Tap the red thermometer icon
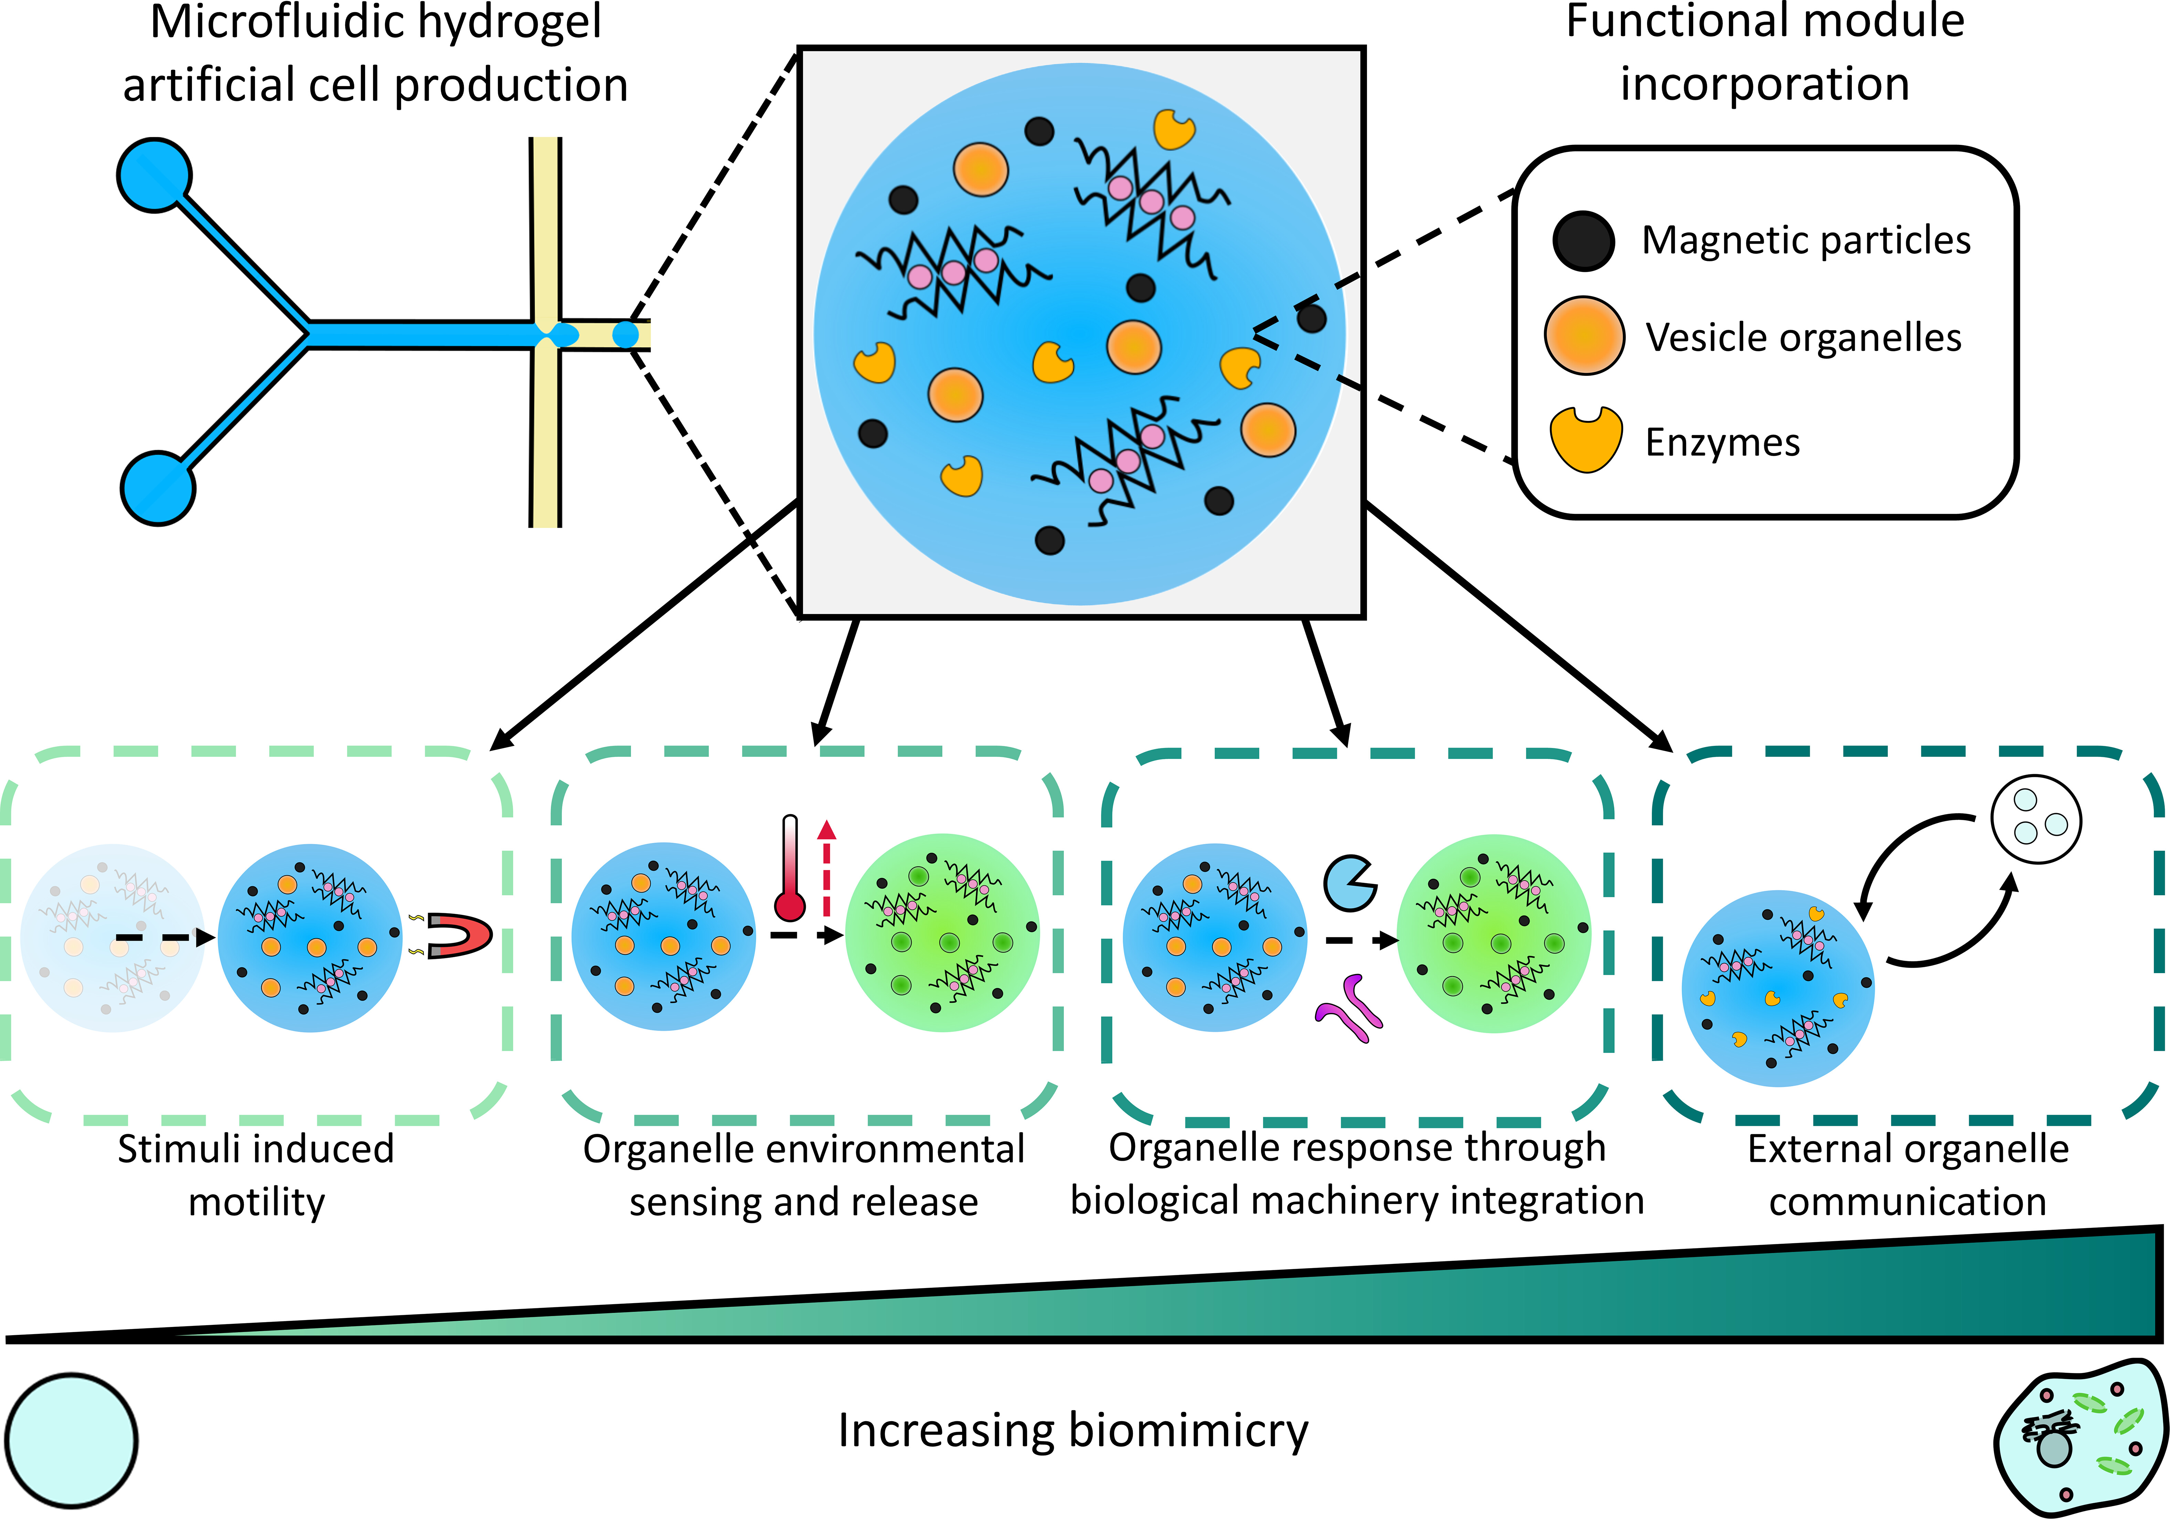[x=789, y=869]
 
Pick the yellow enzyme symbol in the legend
[x=1585, y=439]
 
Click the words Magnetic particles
[x=1805, y=240]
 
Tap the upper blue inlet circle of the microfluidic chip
[x=154, y=175]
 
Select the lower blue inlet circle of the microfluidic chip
[x=158, y=488]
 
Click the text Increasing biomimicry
[x=1073, y=1430]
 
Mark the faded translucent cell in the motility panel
[x=111, y=938]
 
